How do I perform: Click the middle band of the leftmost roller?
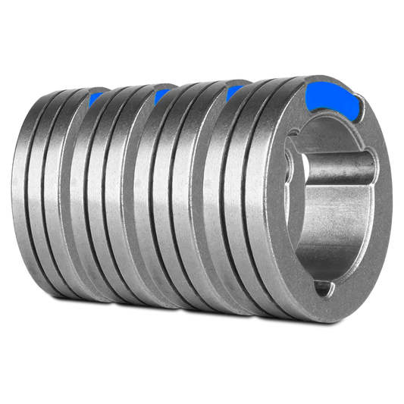[49, 205]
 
